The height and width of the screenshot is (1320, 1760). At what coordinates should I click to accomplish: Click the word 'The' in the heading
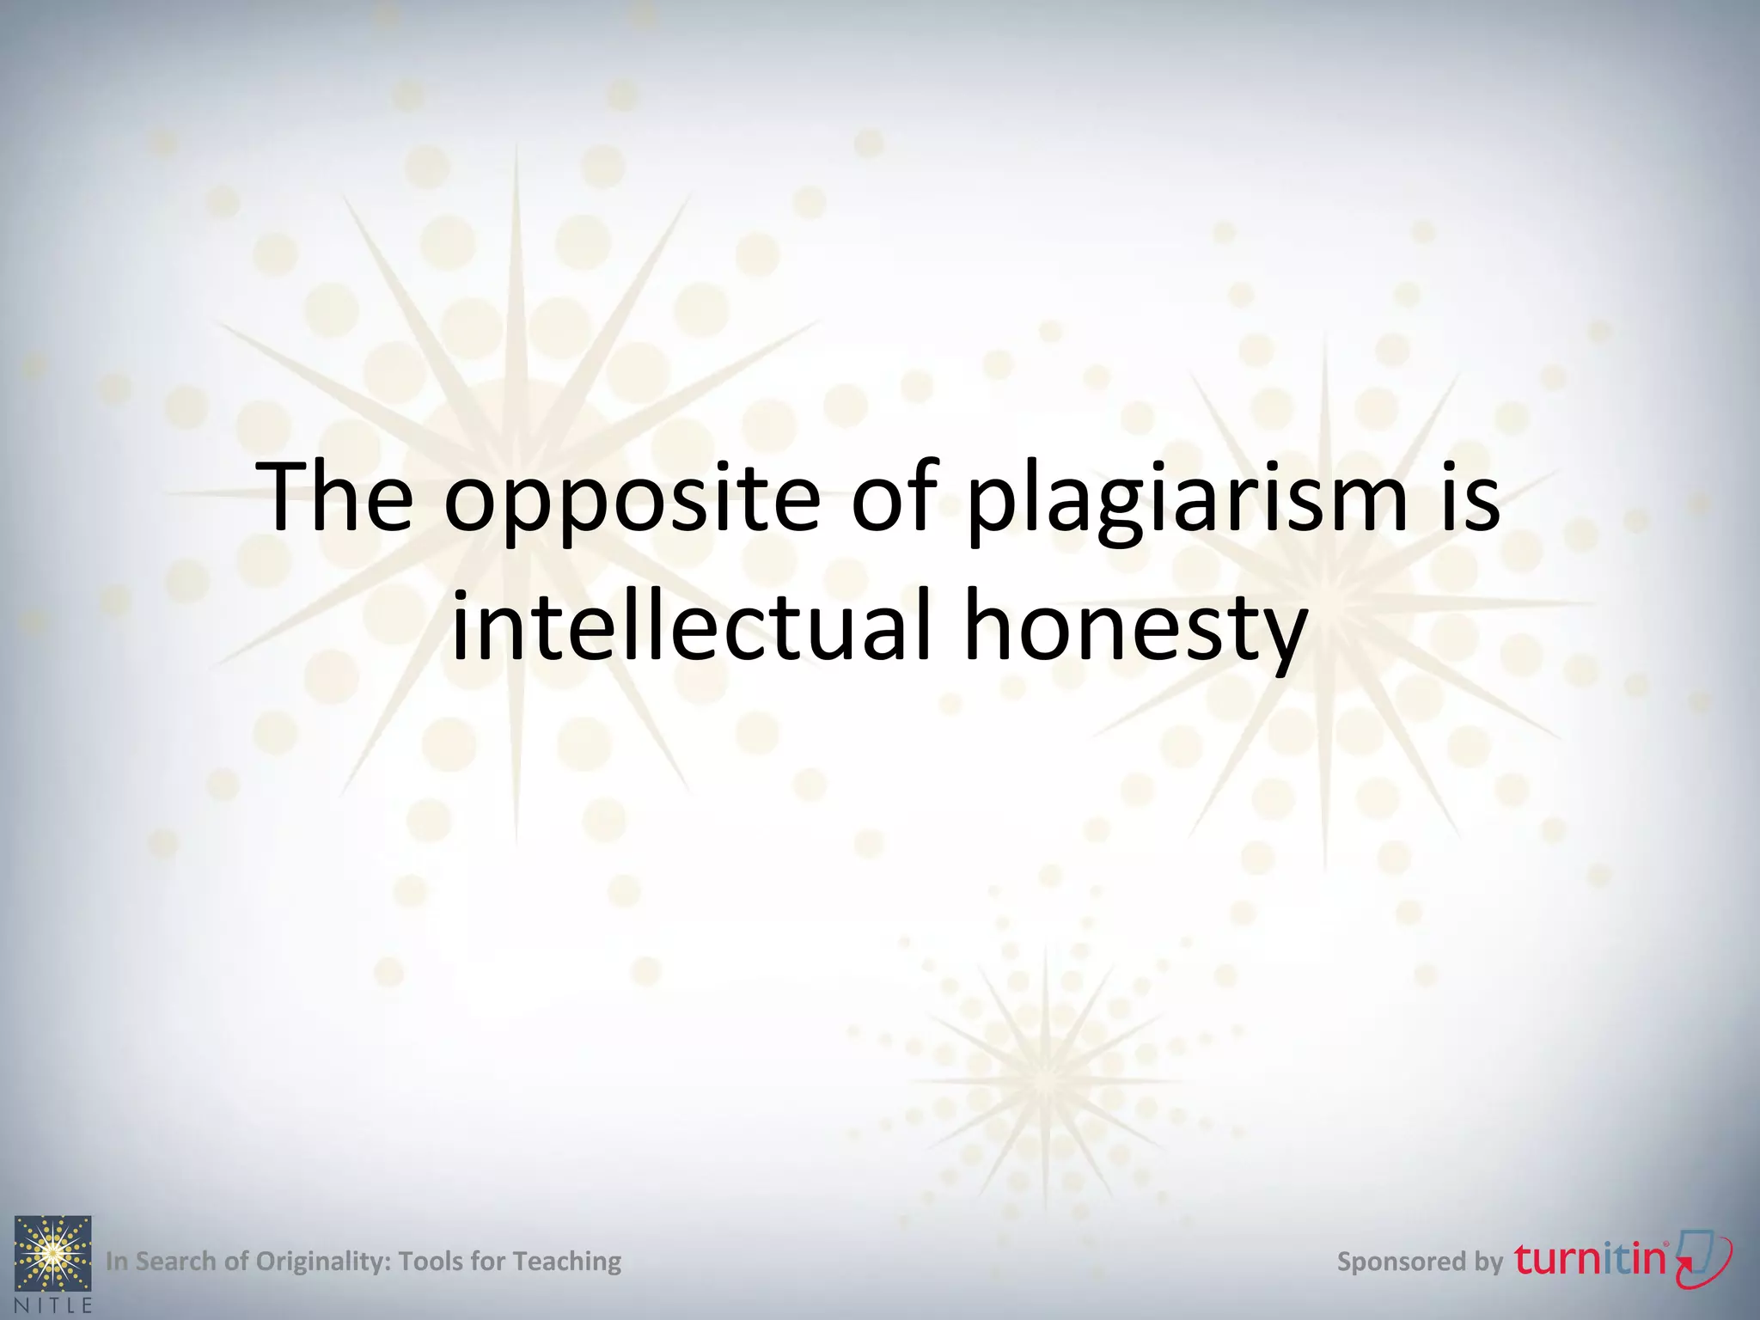pyautogui.click(x=339, y=498)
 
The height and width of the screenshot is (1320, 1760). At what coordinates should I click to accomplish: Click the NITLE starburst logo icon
pyautogui.click(x=52, y=1253)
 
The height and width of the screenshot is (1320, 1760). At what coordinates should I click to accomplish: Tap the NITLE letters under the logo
pyautogui.click(x=52, y=1305)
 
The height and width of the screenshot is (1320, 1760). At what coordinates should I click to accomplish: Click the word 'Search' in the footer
pyautogui.click(x=176, y=1262)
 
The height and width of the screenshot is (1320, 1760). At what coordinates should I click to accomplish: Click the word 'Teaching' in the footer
pyautogui.click(x=567, y=1262)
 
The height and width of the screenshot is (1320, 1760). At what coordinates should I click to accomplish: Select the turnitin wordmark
pyautogui.click(x=1590, y=1260)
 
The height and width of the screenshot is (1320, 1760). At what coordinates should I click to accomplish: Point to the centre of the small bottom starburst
pyautogui.click(x=1046, y=1079)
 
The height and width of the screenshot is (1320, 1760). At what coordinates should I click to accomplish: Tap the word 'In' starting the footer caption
pyautogui.click(x=117, y=1262)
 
